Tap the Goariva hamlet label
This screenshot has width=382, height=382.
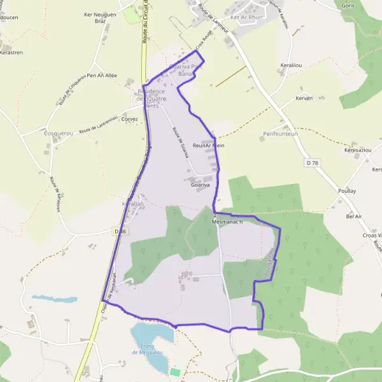pos(201,185)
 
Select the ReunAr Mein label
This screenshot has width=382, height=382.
pos(208,146)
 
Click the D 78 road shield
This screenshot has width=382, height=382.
pos(311,163)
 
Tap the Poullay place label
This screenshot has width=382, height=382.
pos(347,191)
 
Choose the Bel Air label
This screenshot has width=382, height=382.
pos(353,216)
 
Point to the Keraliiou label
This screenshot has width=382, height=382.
pos(292,66)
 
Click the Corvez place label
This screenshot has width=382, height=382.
pos(129,119)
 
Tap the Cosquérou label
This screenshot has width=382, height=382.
pos(43,134)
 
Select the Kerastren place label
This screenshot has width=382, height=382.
pos(11,53)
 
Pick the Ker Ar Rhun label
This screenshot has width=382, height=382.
pos(248,17)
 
